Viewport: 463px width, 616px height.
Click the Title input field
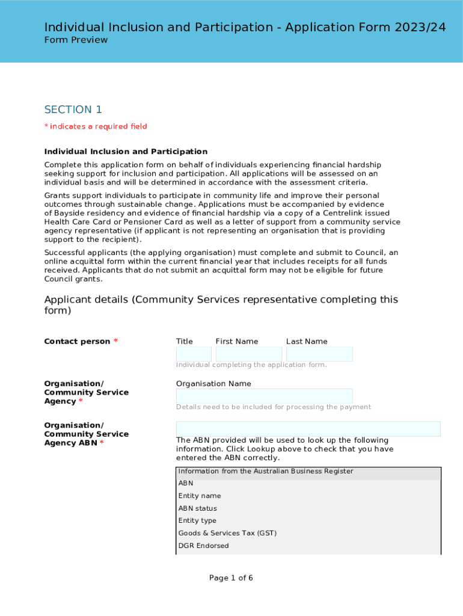[194, 354]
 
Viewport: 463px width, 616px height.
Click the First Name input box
[248, 354]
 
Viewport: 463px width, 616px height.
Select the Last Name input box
[319, 354]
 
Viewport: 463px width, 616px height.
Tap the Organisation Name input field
[264, 396]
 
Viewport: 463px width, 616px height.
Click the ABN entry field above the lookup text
[308, 428]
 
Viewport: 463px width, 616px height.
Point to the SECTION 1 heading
[73, 109]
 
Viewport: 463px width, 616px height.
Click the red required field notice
[96, 126]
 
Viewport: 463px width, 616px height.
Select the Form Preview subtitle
[76, 40]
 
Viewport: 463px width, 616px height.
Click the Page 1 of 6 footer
[231, 578]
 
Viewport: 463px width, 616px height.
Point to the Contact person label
[77, 341]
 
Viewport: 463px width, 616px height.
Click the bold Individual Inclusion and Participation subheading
[126, 152]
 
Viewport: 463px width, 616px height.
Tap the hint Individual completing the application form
[251, 365]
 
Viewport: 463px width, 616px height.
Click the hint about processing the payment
[274, 407]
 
